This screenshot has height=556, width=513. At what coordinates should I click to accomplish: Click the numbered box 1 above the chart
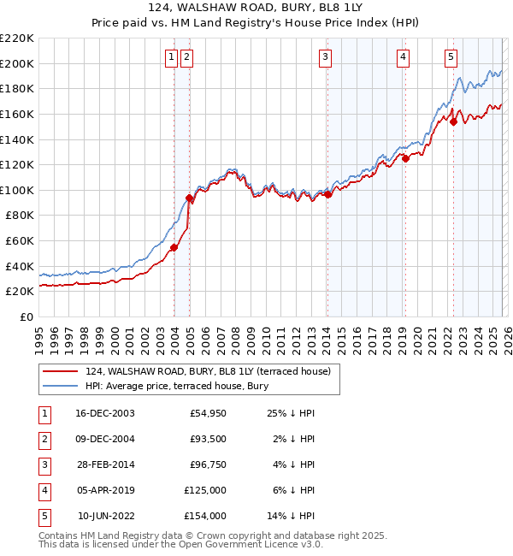(x=171, y=57)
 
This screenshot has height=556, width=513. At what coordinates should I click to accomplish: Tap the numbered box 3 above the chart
(x=326, y=57)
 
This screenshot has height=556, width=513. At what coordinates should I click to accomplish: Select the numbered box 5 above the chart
(x=451, y=57)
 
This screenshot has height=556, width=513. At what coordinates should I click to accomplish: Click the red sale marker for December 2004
(x=189, y=198)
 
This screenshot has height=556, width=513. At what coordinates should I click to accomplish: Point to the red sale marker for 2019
(x=405, y=157)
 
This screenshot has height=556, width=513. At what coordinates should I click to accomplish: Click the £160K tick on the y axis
(x=17, y=114)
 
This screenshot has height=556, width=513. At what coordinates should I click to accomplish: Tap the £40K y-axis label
(x=20, y=266)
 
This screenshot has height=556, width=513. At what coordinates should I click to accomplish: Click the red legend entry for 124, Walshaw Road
(x=214, y=370)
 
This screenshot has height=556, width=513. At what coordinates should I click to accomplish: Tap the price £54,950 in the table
(x=207, y=413)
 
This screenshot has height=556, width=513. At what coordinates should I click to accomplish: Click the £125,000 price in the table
(x=206, y=490)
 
